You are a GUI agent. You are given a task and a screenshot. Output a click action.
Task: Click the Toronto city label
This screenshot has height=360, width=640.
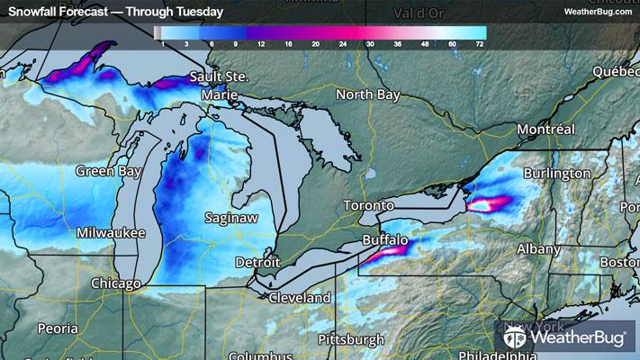[370, 206]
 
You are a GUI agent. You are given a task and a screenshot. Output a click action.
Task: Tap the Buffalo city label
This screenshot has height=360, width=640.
[385, 241]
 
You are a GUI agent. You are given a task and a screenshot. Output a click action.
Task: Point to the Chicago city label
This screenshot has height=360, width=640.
[115, 283]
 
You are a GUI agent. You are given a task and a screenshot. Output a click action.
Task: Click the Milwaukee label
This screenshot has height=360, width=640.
[111, 232]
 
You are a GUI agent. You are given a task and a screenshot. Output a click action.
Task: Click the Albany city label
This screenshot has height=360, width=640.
[538, 248]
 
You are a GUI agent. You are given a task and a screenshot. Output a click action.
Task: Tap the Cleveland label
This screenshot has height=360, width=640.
[298, 297]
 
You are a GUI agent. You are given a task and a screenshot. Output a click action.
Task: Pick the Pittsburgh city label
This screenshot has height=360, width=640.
[351, 339]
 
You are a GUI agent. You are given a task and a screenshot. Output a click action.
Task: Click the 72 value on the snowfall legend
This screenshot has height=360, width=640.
[480, 43]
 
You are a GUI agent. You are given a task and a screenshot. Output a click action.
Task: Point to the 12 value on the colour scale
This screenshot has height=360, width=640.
[260, 43]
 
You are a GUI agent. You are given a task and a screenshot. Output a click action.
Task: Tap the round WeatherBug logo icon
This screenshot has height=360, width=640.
[516, 339]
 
